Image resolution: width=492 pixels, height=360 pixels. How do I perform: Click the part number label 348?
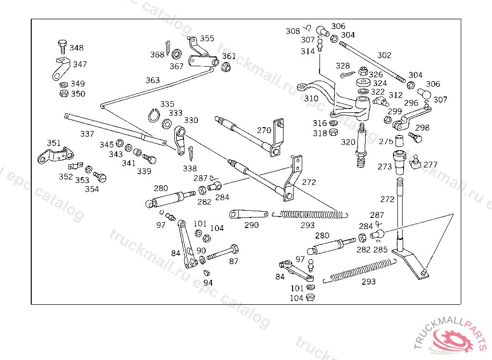tap(76, 48)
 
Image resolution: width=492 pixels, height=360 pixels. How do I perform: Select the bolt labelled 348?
tap(62, 47)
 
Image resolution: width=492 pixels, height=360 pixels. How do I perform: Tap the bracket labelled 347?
tap(59, 69)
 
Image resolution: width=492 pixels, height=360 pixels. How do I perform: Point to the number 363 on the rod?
tap(153, 80)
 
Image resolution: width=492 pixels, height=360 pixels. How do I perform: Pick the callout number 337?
tap(87, 134)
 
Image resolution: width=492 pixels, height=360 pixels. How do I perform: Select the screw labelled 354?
tap(101, 177)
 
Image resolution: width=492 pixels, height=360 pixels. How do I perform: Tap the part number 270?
tap(264, 130)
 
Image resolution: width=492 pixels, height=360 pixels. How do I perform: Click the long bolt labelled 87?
tap(223, 252)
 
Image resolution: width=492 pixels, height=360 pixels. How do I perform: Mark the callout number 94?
tap(208, 283)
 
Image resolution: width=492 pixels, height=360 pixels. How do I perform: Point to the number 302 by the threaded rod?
tap(384, 56)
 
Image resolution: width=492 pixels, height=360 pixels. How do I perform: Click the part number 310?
tap(311, 98)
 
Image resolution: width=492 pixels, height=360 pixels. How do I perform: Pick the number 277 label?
tap(430, 165)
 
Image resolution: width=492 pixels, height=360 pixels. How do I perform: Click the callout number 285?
tap(381, 250)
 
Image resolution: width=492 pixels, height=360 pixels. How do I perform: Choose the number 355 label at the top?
tap(207, 38)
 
